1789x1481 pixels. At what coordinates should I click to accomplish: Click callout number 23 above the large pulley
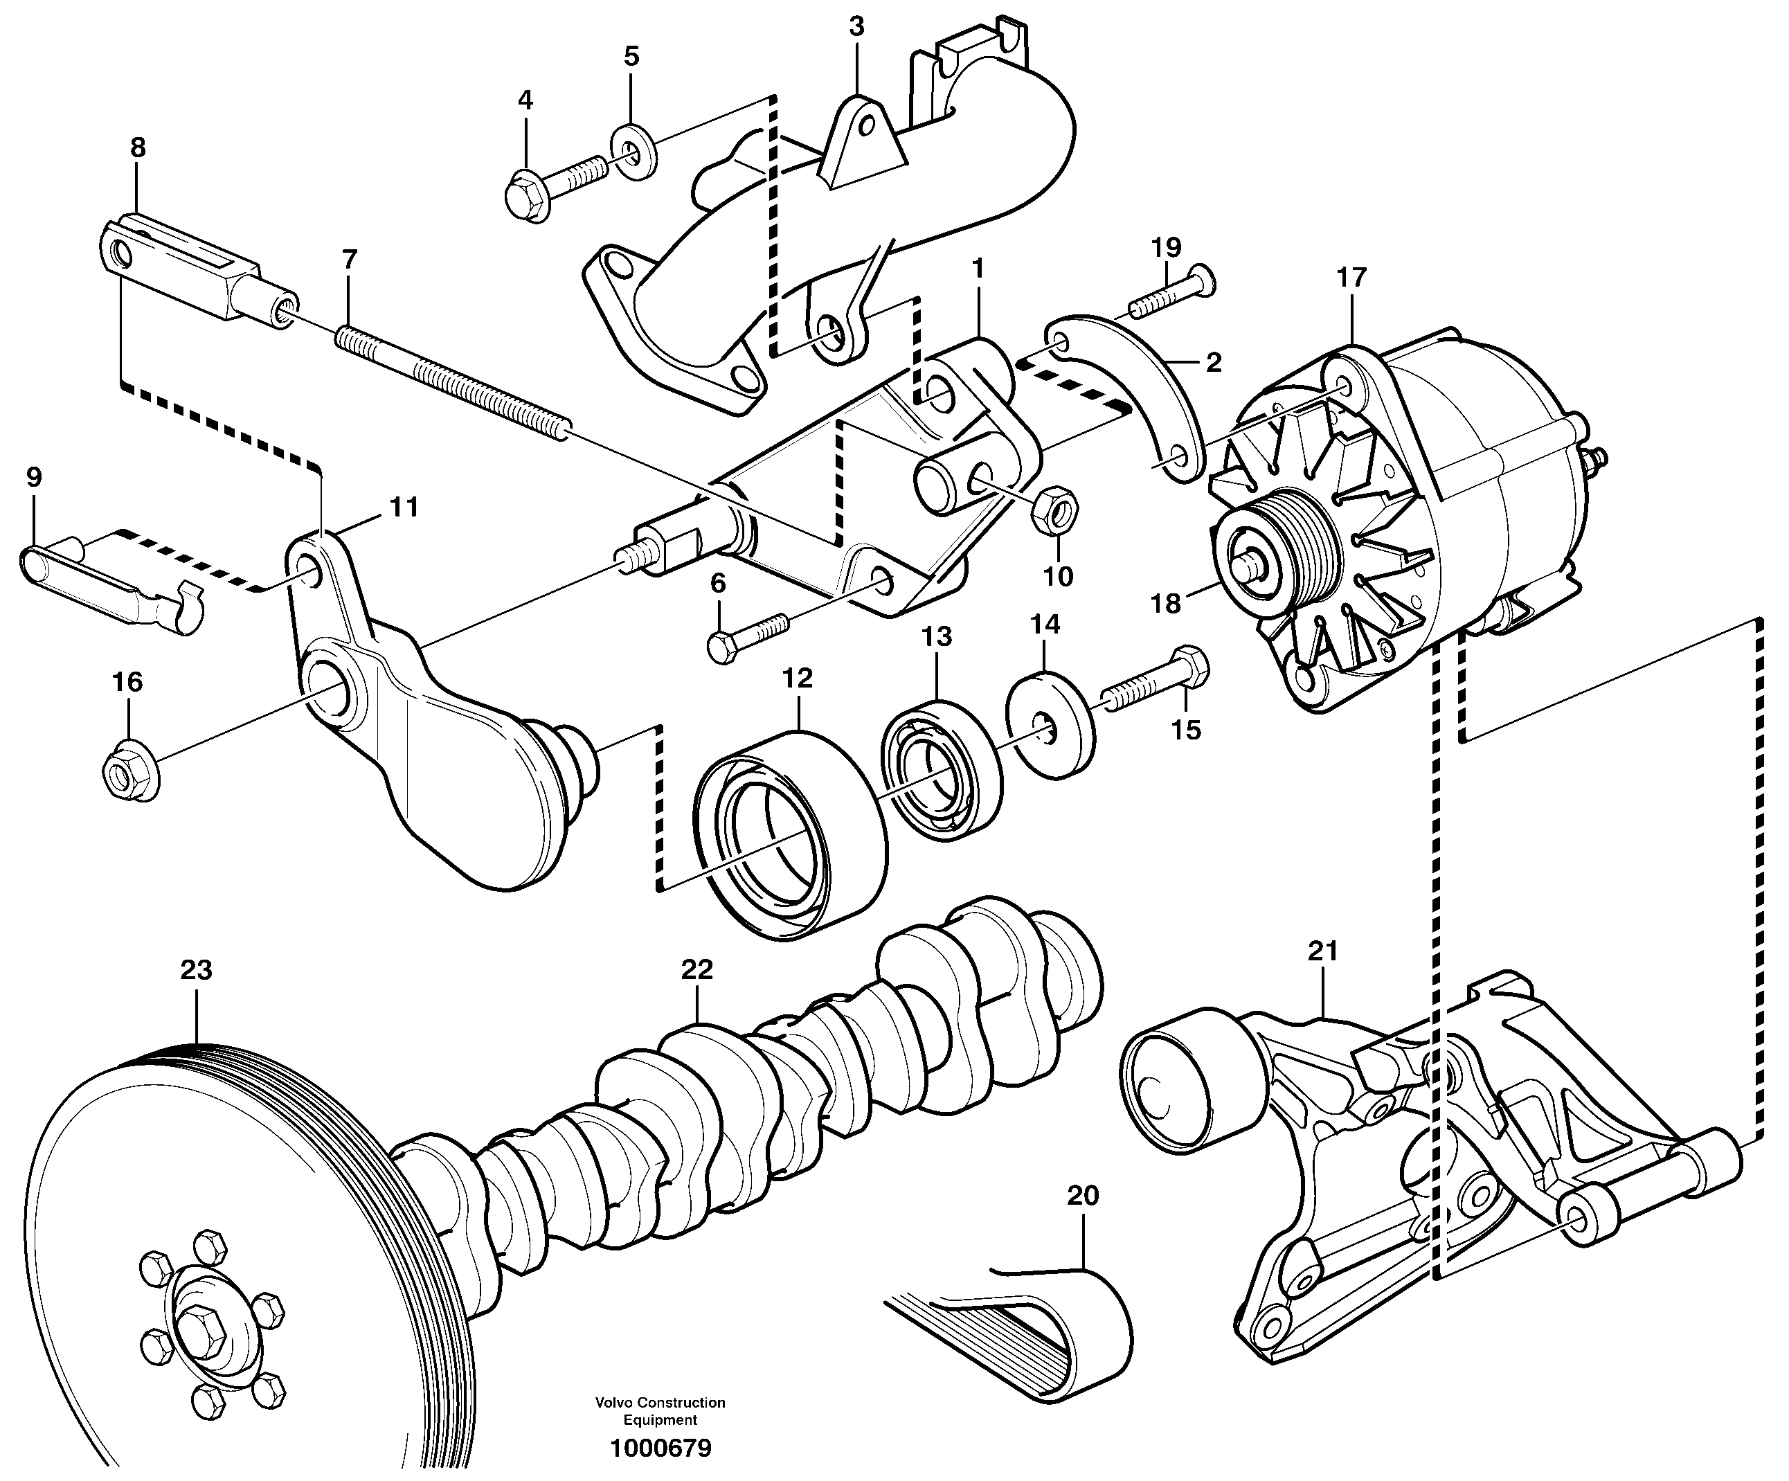coord(196,971)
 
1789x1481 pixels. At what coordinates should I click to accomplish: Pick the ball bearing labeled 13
coord(940,772)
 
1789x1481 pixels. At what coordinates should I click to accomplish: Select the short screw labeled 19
coord(1169,291)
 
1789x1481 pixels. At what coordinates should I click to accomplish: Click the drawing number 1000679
coord(660,1448)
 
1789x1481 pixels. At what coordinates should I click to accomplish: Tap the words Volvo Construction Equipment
coord(660,1411)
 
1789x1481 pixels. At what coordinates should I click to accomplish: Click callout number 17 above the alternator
coord(1351,278)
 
